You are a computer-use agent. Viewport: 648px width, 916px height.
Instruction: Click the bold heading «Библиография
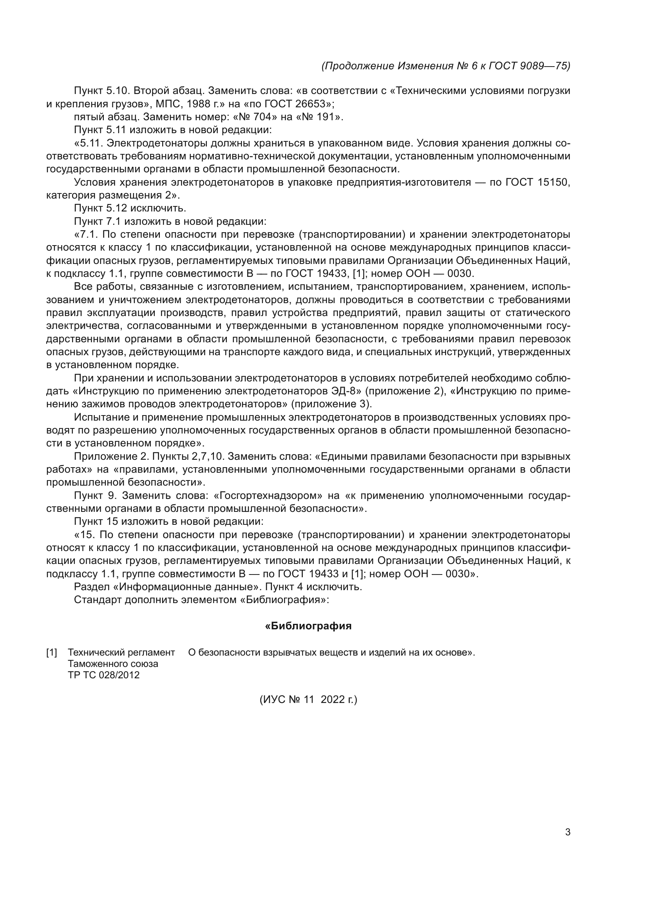pyautogui.click(x=308, y=626)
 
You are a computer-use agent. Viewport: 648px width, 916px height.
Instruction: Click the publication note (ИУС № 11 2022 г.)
pyautogui.click(x=308, y=699)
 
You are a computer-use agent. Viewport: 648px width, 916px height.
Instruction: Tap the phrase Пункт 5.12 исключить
pyautogui.click(x=130, y=208)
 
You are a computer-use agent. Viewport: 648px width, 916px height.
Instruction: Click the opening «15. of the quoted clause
pyautogui.click(x=85, y=535)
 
